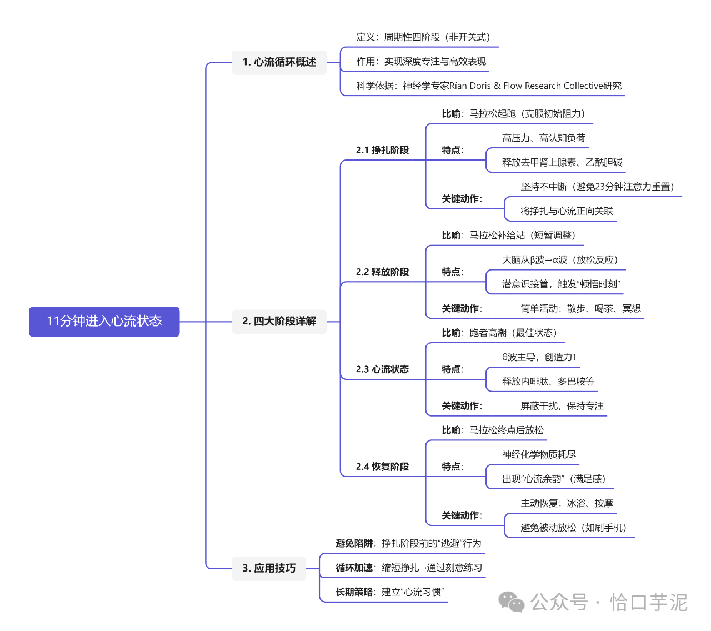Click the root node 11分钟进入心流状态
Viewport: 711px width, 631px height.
click(104, 321)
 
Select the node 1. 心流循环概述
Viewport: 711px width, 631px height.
click(279, 62)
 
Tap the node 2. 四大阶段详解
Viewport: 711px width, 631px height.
click(279, 321)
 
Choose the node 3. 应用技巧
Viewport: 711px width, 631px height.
click(269, 568)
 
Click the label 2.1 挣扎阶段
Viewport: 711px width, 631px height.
click(382, 150)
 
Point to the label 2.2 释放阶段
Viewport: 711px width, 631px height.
click(382, 272)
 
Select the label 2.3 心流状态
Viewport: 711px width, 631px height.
click(382, 369)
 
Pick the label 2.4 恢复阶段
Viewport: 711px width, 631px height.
click(382, 467)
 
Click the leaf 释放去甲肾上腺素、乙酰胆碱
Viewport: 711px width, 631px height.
click(562, 162)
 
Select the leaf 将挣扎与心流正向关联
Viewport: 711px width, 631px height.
click(567, 211)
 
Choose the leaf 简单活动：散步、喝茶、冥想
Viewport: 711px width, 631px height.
click(580, 308)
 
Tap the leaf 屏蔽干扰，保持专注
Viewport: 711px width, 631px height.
click(562, 406)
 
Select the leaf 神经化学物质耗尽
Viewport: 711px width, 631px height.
click(539, 454)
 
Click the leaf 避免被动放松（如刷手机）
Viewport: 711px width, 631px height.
click(573, 528)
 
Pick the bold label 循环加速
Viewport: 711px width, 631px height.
click(354, 568)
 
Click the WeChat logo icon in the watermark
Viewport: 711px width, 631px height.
click(512, 602)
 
